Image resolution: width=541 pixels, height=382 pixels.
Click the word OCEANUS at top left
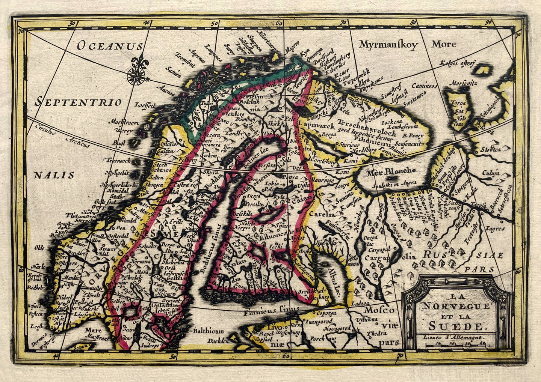[110, 46]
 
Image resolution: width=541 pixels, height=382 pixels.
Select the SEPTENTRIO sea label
[79, 102]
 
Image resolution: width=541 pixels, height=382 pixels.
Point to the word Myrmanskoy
[388, 45]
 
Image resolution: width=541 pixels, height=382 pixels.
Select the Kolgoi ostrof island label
[458, 63]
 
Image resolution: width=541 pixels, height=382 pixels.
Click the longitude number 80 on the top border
[413, 22]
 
